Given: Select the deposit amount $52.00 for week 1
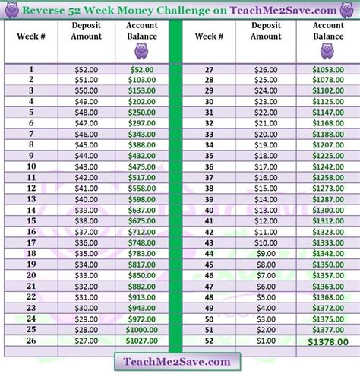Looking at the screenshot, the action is (x=87, y=68).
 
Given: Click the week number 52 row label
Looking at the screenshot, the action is (x=207, y=341).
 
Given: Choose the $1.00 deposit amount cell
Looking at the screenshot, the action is (x=267, y=341).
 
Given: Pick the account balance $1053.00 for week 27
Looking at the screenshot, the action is (x=328, y=68).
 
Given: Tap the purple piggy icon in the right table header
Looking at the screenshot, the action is (x=328, y=51).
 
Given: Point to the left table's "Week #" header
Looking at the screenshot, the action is (x=32, y=36).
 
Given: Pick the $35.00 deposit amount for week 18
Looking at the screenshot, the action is (x=87, y=254).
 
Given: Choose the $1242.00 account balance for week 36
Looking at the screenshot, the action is (x=328, y=166).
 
